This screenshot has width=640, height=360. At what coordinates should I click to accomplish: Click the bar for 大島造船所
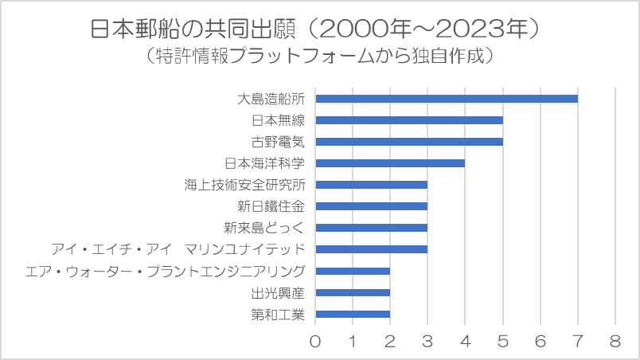(446, 99)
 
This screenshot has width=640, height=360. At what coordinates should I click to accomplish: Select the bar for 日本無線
(409, 120)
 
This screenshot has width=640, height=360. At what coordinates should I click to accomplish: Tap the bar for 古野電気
(409, 142)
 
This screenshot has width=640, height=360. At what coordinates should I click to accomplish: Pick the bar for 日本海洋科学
(390, 163)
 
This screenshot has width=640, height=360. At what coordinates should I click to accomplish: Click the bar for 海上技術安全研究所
(372, 185)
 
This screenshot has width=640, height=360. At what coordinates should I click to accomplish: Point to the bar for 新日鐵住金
(372, 206)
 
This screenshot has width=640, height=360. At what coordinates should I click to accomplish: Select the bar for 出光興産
(353, 292)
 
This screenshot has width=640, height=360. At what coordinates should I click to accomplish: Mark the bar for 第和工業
(353, 314)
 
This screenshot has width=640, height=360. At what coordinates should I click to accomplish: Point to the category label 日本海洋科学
(264, 163)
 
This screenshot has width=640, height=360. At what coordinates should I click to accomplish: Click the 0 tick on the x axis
(316, 342)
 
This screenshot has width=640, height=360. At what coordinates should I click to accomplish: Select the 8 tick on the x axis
(615, 342)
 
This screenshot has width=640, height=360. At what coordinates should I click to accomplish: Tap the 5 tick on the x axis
(503, 342)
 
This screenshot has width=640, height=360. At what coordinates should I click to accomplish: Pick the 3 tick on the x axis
(428, 342)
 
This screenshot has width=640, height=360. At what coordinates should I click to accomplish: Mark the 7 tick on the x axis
(578, 342)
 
